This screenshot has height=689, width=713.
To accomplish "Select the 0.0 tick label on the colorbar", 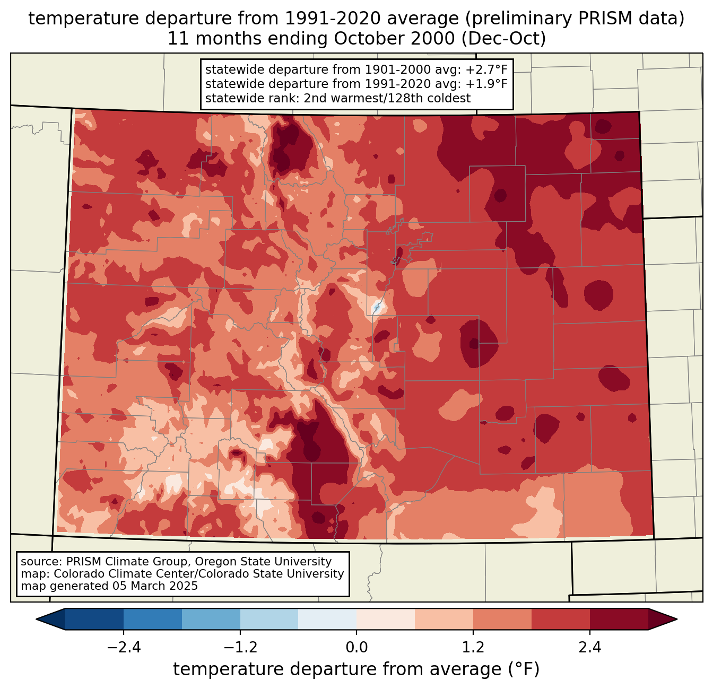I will point(356,648).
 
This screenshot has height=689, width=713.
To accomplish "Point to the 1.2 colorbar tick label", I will point(473,648).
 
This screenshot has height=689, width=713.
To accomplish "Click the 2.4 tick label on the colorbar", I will point(590,648).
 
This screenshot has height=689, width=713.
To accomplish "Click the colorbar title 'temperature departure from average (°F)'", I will point(356,669).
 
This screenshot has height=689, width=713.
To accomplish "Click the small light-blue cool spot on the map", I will point(377,307).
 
